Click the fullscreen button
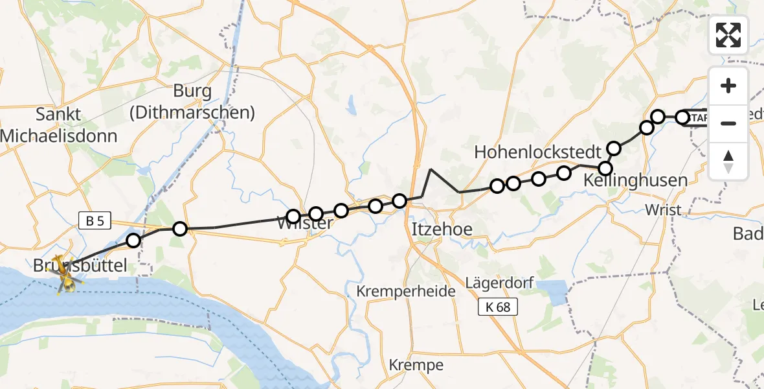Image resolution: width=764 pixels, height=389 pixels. click(728, 35)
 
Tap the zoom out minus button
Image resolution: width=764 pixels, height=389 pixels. click(728, 123)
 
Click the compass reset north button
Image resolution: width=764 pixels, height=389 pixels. click(728, 161)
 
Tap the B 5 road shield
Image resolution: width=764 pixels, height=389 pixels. click(95, 221)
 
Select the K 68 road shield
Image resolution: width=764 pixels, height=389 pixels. click(498, 307)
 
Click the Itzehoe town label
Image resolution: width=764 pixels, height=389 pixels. click(442, 229)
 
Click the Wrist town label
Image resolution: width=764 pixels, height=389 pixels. click(664, 209)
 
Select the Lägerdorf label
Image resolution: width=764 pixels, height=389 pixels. click(494, 283)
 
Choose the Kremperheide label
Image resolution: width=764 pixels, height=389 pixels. click(406, 291)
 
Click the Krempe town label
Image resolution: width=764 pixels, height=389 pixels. click(416, 365)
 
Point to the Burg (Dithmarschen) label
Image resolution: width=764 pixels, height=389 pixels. click(192, 102)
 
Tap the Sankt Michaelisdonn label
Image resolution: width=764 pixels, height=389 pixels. click(58, 125)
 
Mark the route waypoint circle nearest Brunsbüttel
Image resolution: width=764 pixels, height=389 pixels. click(133, 241)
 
